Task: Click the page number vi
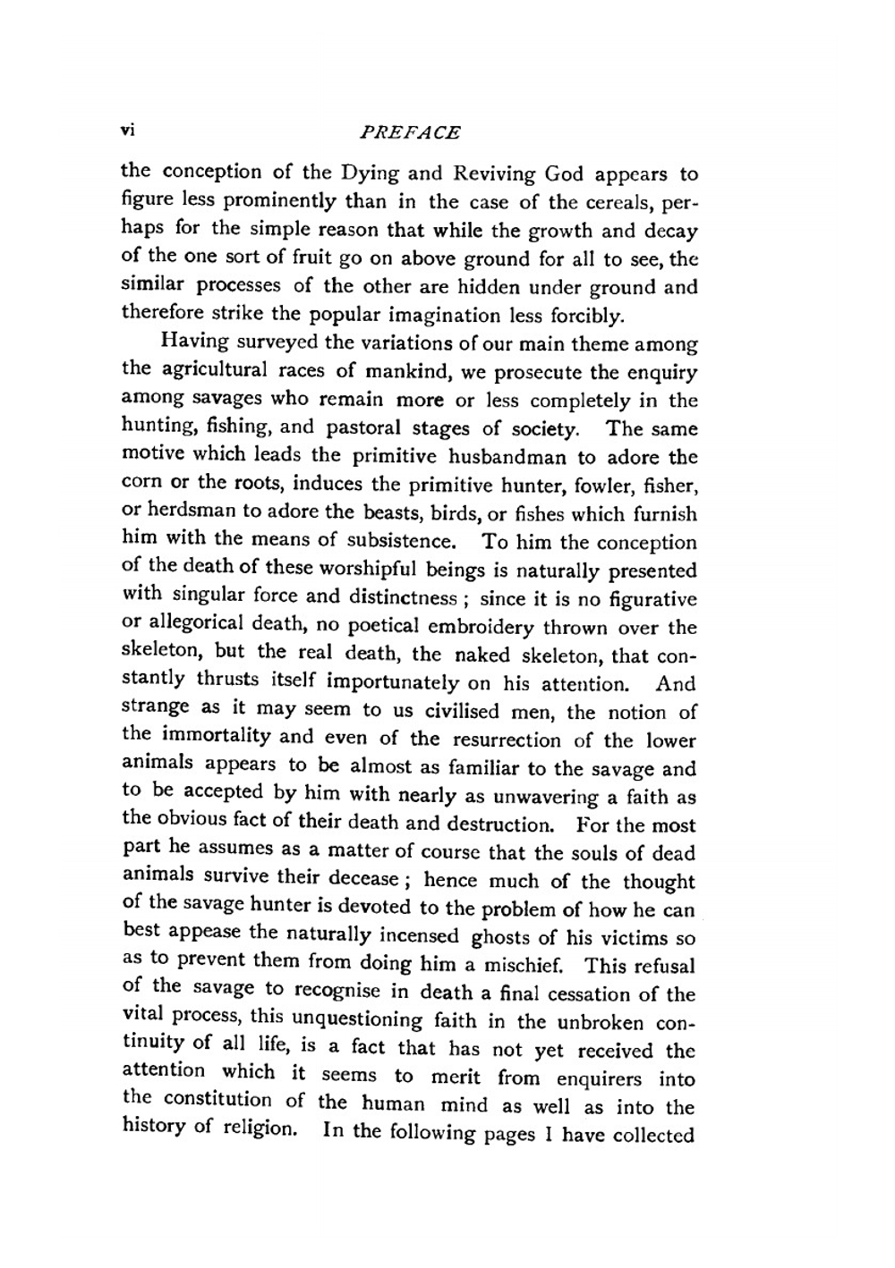[x=127, y=131]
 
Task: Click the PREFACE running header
[x=409, y=132]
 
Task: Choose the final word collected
[x=653, y=1135]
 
